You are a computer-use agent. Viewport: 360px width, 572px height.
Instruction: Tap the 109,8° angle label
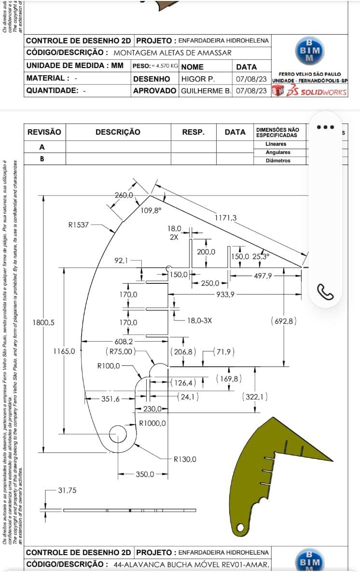151,210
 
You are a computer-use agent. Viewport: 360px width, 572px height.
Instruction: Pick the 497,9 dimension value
263,276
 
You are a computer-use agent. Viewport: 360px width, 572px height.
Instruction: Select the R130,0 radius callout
185,459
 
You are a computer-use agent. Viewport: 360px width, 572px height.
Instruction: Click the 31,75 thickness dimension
68,490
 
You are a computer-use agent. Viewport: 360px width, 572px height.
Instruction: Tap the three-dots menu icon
325,127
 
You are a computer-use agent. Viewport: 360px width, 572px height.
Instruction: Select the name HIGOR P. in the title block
198,78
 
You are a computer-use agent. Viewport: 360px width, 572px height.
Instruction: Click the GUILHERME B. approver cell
206,90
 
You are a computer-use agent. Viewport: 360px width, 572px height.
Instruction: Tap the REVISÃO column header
44,132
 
